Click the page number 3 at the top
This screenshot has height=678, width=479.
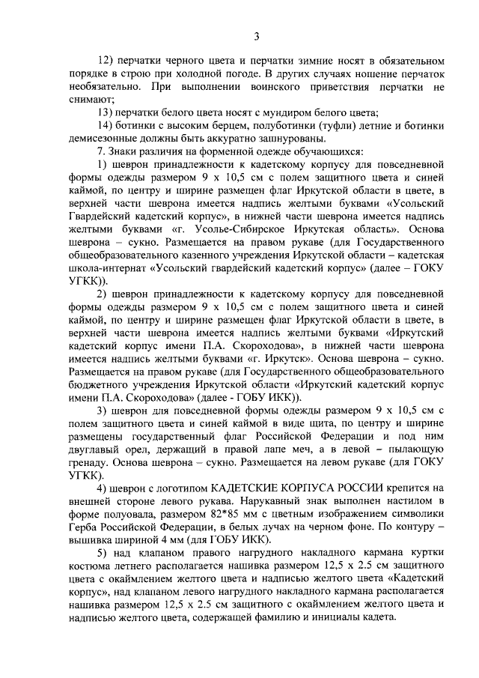pyautogui.click(x=257, y=35)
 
